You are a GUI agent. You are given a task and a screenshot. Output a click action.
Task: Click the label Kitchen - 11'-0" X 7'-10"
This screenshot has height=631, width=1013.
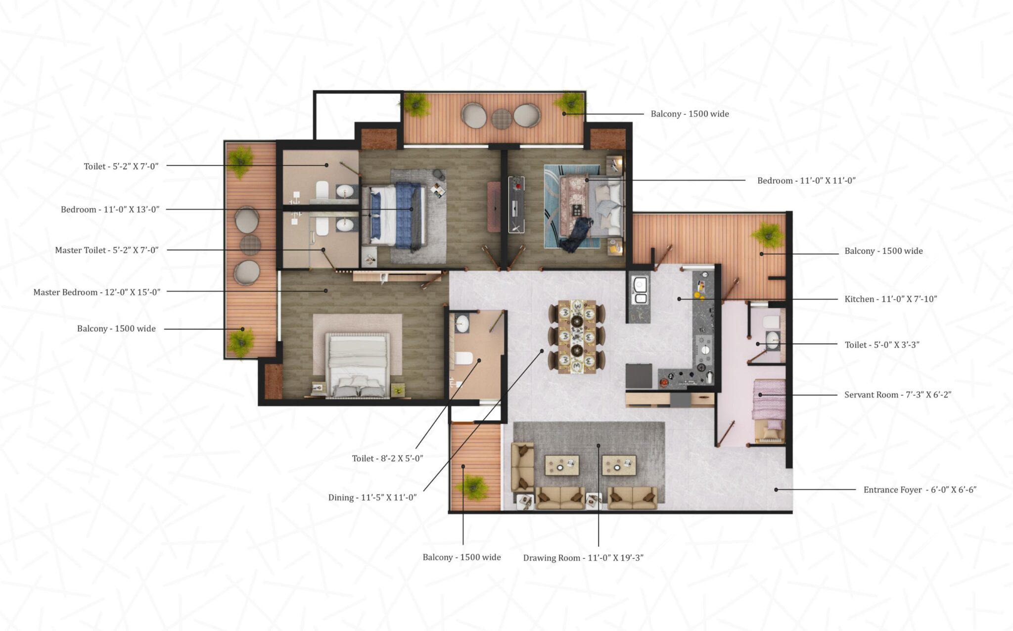[x=890, y=299]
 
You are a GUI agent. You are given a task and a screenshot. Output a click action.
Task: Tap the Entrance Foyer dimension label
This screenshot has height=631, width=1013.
[x=920, y=490]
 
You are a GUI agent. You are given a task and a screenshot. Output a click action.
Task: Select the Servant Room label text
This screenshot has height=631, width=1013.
[x=897, y=395]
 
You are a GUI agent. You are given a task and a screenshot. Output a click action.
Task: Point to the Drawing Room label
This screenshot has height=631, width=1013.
[x=583, y=558]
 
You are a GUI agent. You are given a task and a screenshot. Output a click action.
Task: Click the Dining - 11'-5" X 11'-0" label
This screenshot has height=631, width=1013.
[x=372, y=497]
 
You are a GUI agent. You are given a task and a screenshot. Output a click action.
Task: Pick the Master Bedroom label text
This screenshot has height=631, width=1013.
[x=97, y=292]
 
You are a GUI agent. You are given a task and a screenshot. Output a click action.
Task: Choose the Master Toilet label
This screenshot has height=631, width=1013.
[x=107, y=250]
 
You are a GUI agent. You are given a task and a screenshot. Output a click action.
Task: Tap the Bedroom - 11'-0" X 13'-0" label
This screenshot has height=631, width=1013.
[x=110, y=210]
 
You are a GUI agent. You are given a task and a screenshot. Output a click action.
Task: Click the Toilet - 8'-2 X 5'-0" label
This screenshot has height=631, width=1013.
[x=387, y=458]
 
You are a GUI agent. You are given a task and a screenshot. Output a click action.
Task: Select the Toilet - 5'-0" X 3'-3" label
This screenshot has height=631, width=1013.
[x=881, y=345]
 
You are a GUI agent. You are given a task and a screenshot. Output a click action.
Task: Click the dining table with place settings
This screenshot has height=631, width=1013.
[x=577, y=336]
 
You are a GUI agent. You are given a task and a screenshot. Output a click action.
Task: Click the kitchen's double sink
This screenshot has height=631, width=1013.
[x=640, y=291]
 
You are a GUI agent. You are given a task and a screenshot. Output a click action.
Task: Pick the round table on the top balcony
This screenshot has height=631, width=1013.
[x=501, y=119]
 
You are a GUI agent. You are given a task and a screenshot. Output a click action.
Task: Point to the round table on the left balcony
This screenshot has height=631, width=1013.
[x=250, y=244]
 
